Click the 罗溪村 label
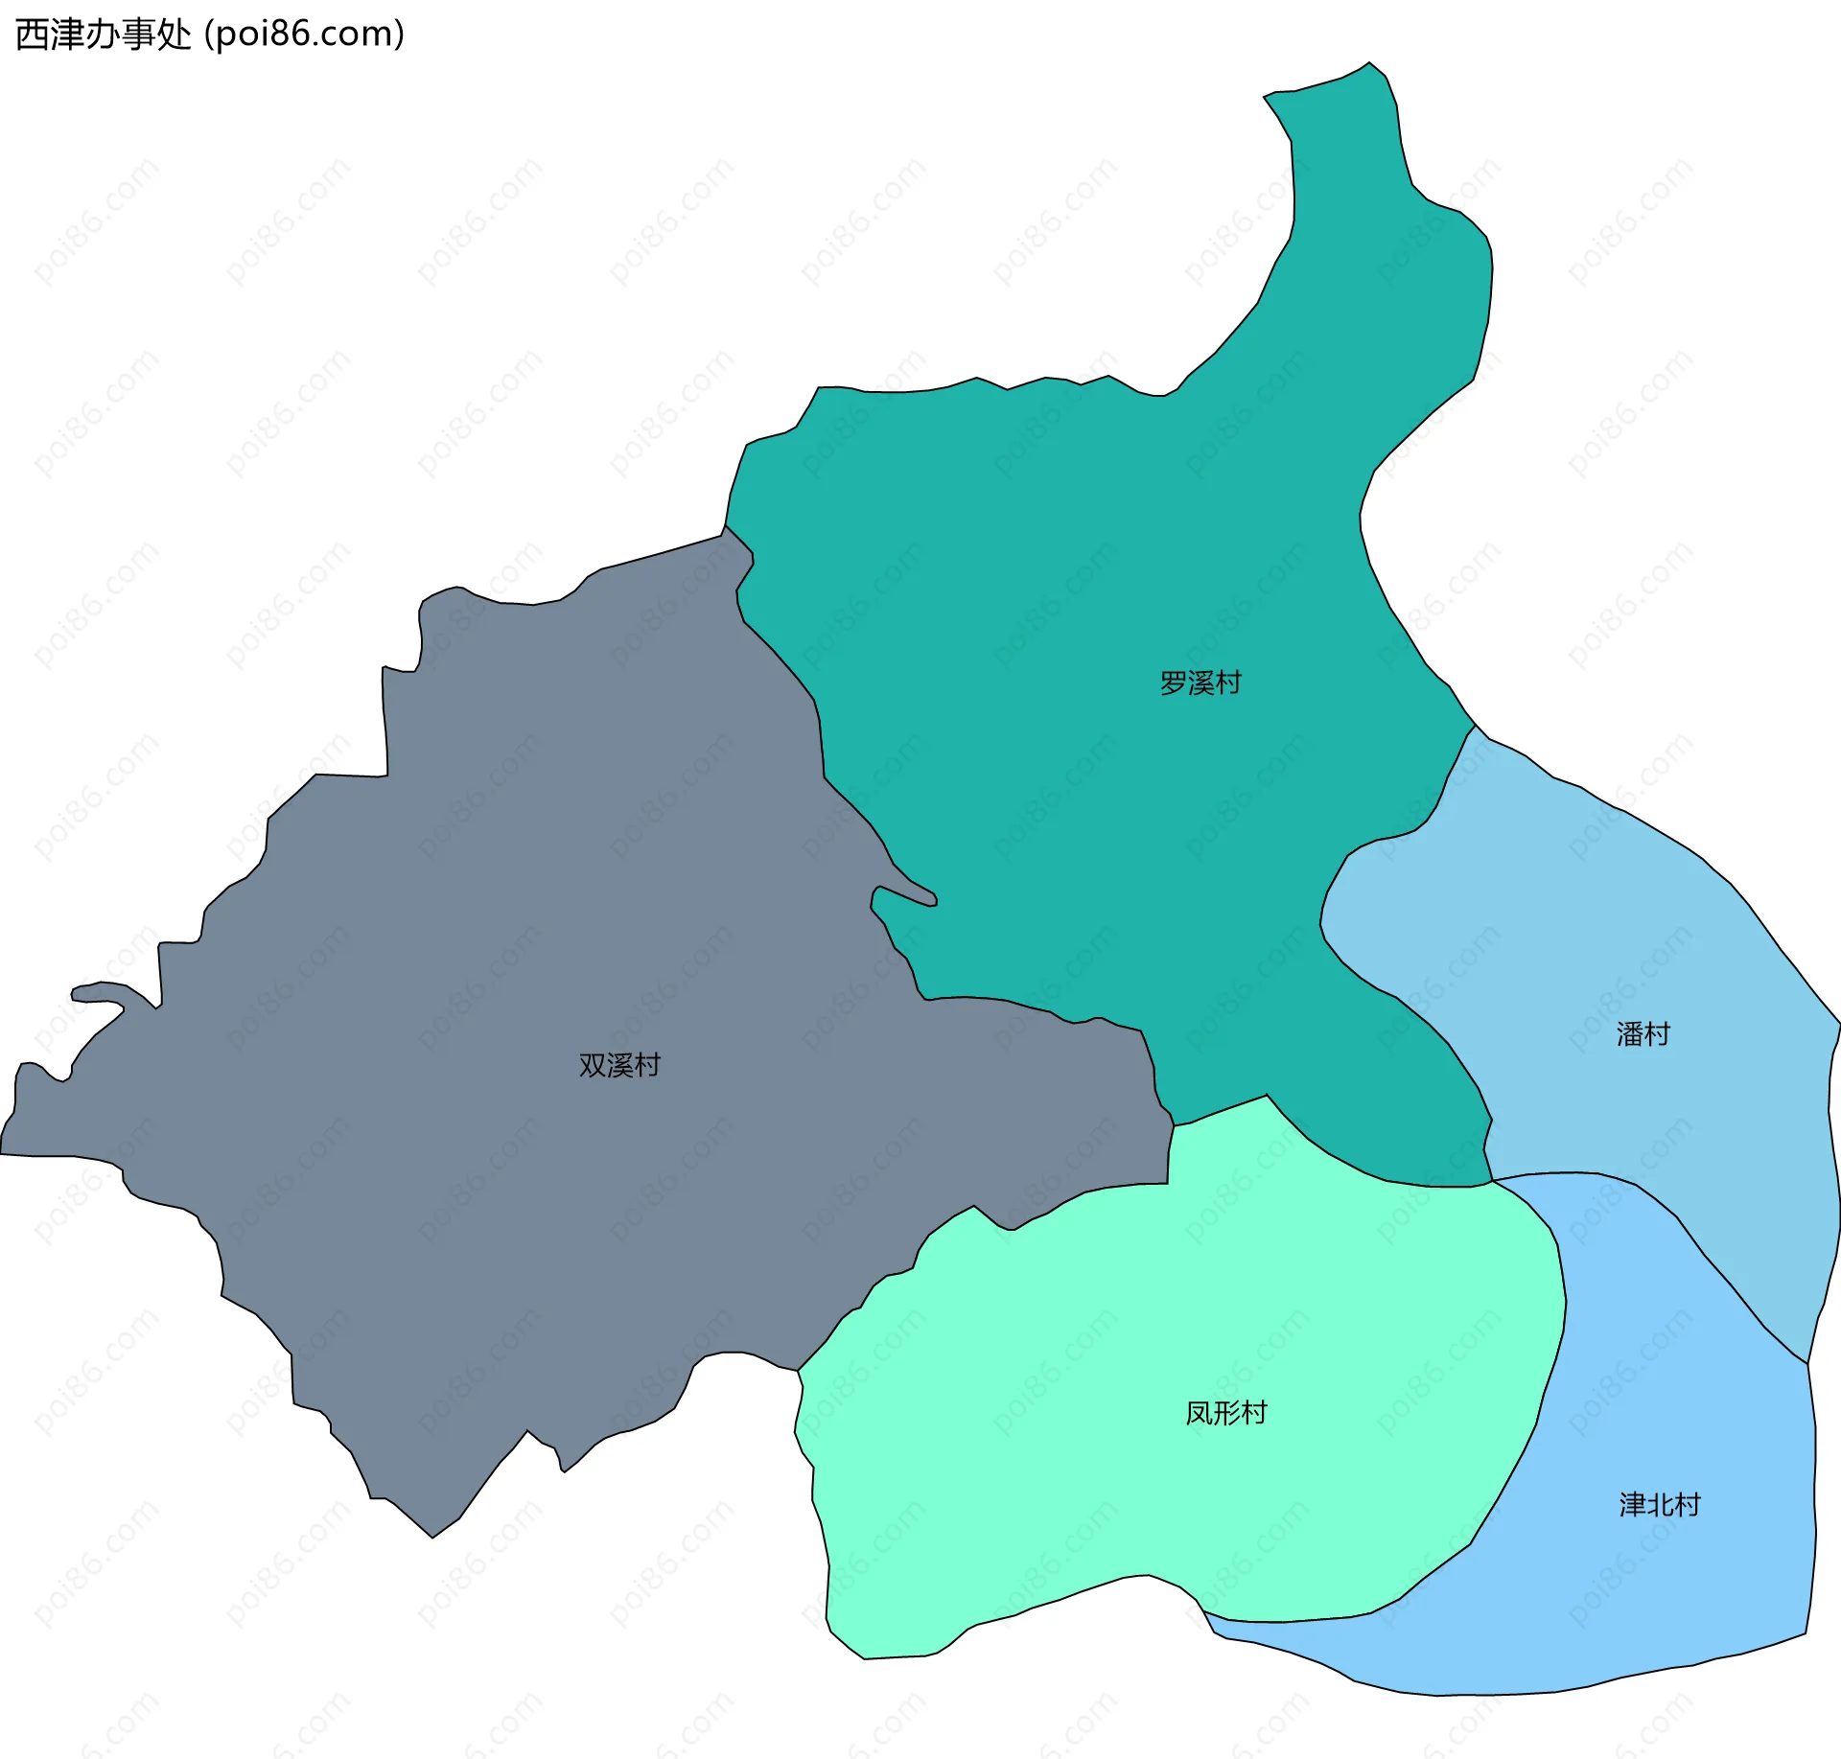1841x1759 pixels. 1200,683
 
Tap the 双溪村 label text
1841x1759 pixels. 619,1065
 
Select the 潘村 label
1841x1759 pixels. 1643,1033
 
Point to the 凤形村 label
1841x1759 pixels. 1225,1413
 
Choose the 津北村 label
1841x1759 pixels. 1660,1504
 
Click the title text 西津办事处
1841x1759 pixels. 104,35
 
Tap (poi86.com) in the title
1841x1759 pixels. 305,35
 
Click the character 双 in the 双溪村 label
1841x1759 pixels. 592,1065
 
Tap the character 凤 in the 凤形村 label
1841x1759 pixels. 1199,1413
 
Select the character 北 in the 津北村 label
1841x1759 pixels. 1660,1504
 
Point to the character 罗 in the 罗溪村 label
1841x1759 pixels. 1173,683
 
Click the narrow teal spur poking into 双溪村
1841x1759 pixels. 906,895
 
